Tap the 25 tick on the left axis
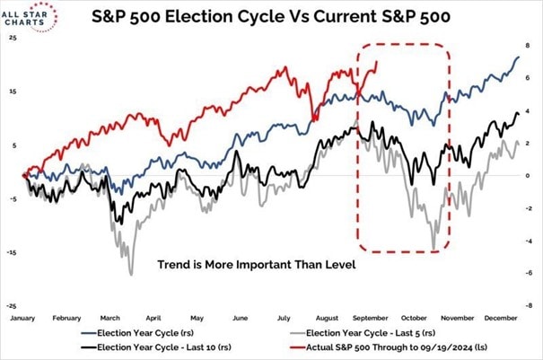click(11, 39)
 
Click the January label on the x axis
click(22, 318)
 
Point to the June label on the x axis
click(241, 318)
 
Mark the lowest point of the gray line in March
click(132, 274)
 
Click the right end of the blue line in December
click(518, 57)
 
